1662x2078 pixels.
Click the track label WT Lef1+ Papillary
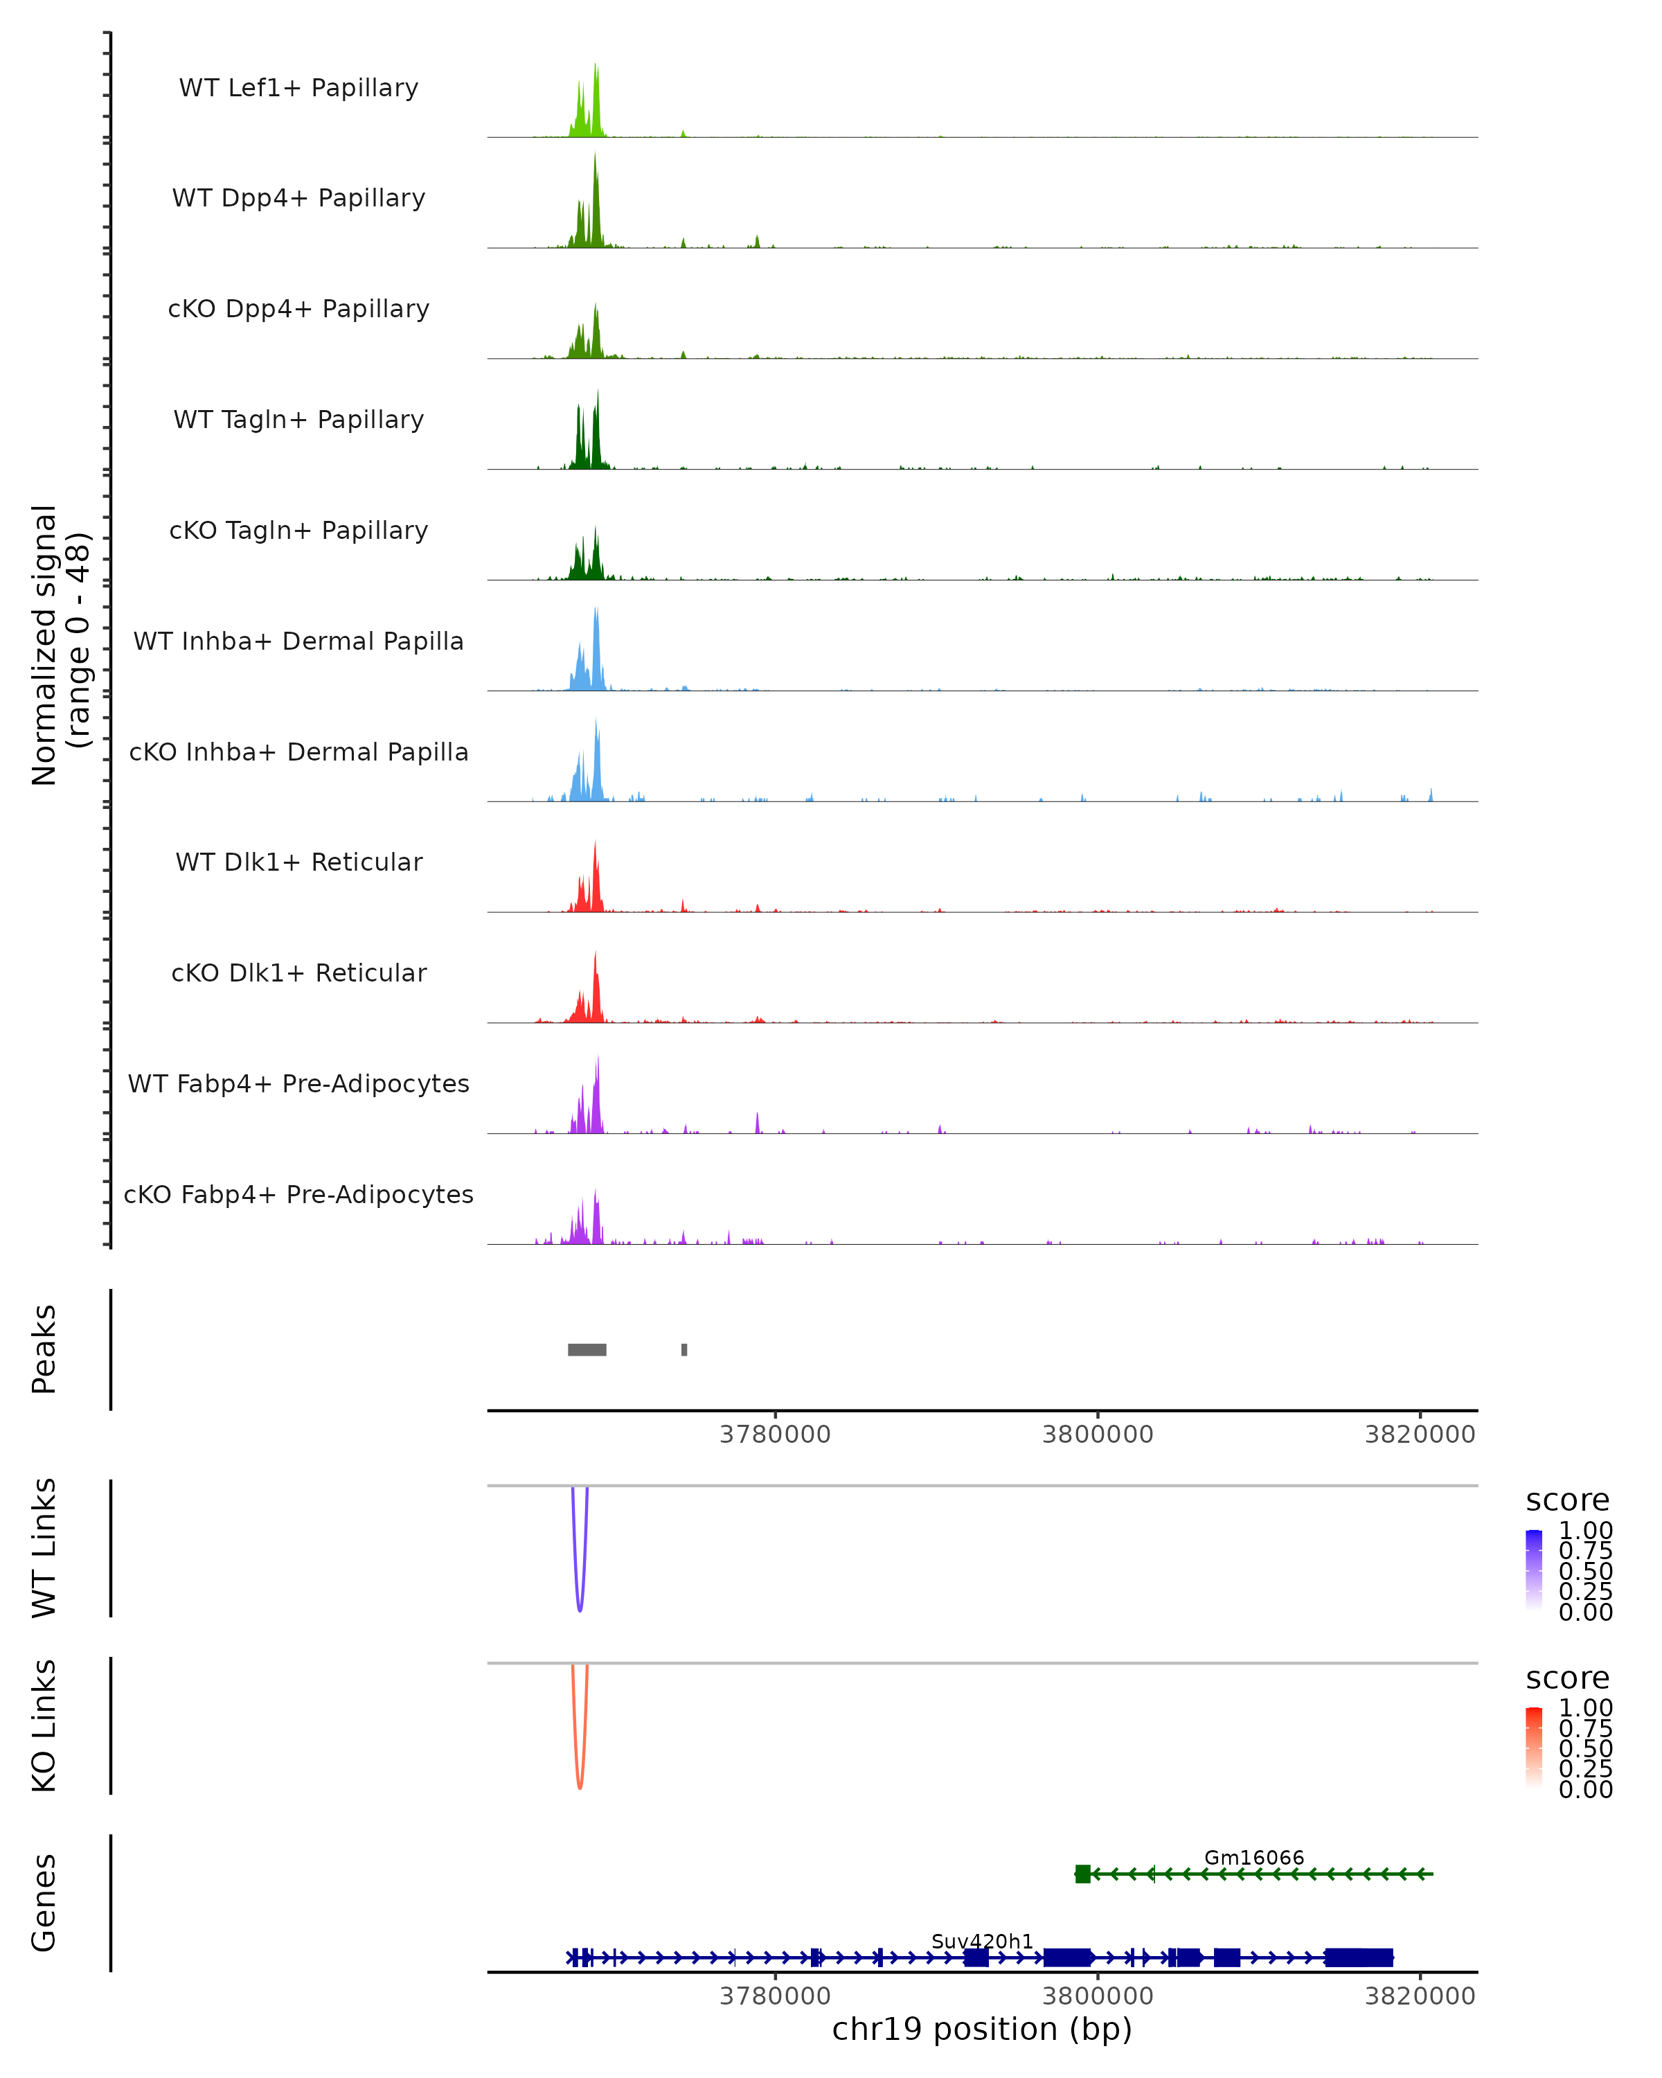(x=298, y=88)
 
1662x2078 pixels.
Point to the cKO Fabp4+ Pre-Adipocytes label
(x=298, y=1194)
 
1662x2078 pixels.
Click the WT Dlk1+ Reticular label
(x=298, y=862)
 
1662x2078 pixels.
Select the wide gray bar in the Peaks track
(x=587, y=1349)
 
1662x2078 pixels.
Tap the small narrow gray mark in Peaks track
(x=684, y=1349)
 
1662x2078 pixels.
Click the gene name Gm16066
(x=1253, y=1857)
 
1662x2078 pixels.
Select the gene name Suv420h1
(x=982, y=1941)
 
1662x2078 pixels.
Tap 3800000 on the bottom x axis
(x=1098, y=1996)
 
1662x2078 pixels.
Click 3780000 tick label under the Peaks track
(x=775, y=1435)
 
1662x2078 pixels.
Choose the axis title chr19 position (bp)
(x=982, y=2030)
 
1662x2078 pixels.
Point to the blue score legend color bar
(x=1534, y=1569)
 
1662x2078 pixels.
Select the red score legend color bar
(x=1534, y=1746)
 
